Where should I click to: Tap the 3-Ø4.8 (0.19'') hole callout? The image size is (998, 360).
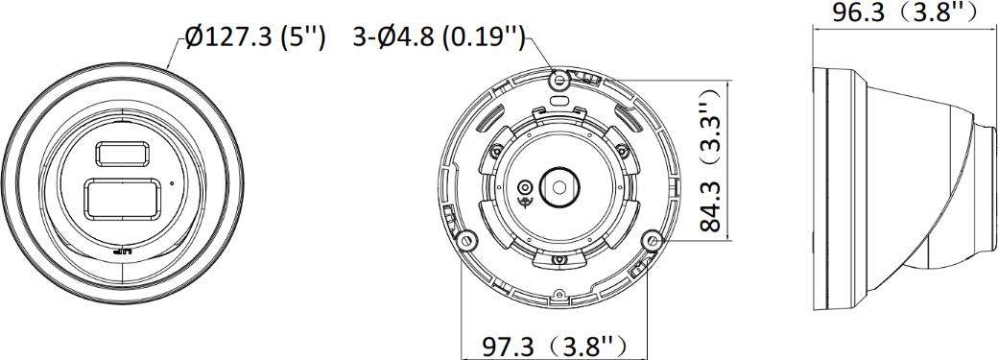click(440, 37)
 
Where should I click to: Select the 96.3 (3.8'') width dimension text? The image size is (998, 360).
click(905, 12)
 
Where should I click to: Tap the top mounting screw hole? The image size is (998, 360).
click(559, 80)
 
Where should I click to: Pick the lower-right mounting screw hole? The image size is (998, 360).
click(652, 240)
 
